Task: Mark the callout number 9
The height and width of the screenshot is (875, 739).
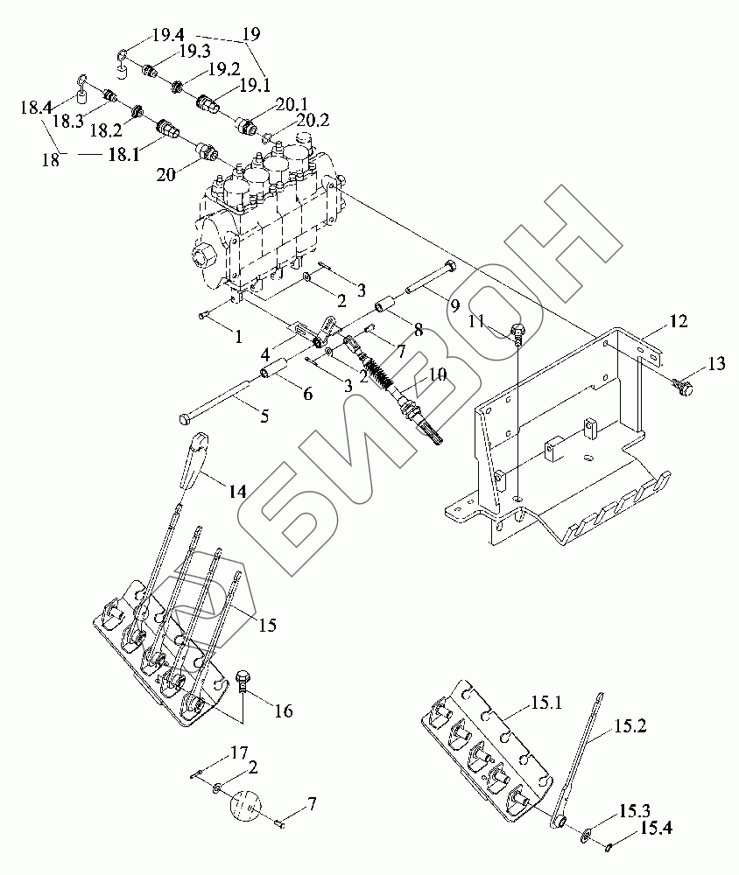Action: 454,306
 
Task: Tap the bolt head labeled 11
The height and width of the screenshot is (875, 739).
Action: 516,332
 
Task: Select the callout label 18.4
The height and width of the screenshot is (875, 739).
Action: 35,108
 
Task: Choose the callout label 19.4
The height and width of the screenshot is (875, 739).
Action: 166,36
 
